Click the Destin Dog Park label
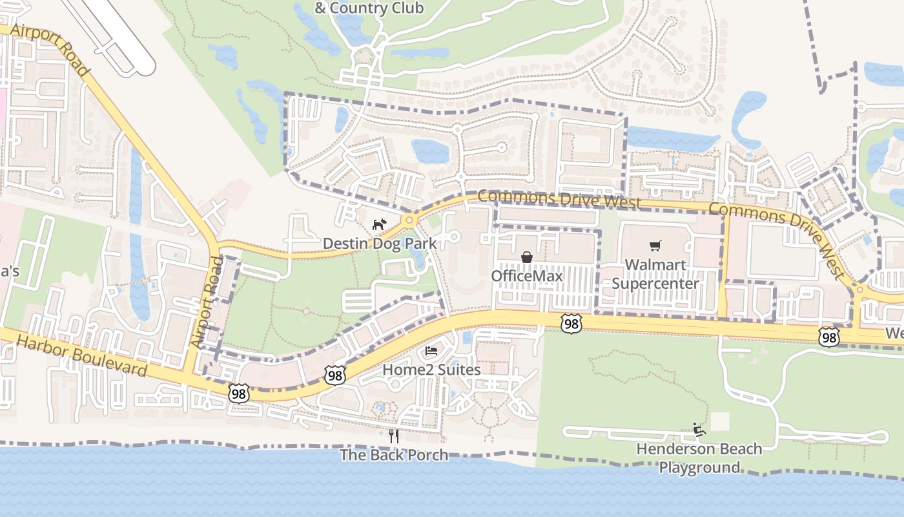point(380,244)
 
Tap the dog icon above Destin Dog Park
point(379,225)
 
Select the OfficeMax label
point(527,276)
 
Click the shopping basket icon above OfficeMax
point(527,257)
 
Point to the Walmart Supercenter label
point(655,274)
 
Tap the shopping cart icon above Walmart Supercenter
point(655,246)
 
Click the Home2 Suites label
point(431,370)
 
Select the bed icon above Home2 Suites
point(431,351)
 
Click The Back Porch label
point(394,455)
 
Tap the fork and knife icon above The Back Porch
point(394,436)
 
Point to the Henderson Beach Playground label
point(699,458)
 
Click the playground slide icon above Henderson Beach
point(699,429)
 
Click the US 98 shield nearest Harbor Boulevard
point(238,393)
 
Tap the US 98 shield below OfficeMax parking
point(571,324)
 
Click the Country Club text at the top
point(369,8)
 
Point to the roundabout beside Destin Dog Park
point(409,221)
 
